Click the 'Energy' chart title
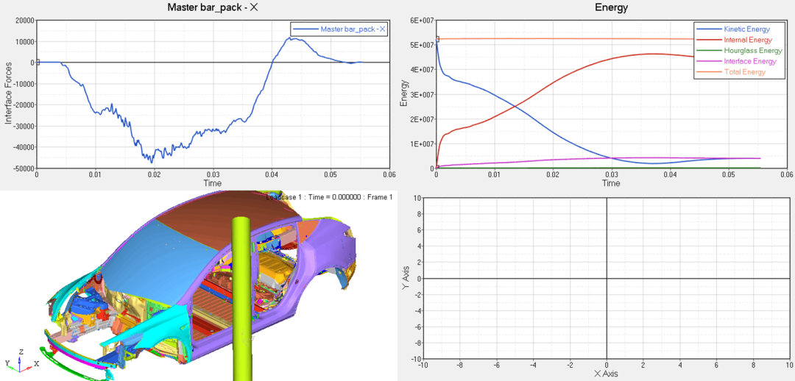click(x=611, y=8)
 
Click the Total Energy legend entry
click(x=742, y=72)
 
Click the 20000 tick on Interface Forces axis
click(x=21, y=21)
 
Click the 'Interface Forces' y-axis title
click(x=8, y=94)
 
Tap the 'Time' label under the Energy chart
click(x=611, y=183)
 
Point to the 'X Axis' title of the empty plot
click(x=607, y=374)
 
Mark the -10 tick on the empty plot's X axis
click(x=423, y=365)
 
